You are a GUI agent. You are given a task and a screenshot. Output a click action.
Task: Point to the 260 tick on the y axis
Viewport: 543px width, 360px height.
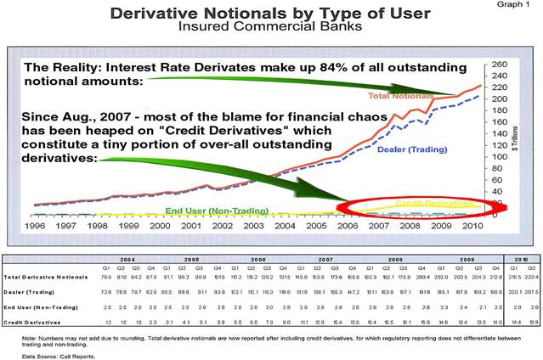coord(499,65)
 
